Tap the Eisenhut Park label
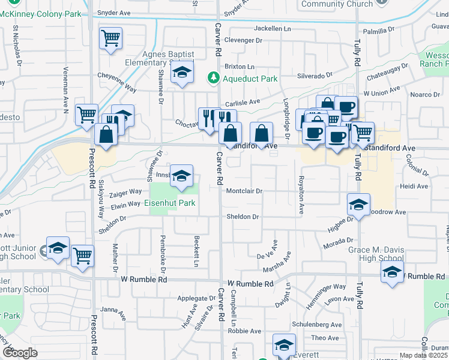[170, 203]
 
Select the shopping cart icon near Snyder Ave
[110, 39]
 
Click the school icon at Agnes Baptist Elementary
[182, 73]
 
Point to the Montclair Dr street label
[245, 191]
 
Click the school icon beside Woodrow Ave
[358, 205]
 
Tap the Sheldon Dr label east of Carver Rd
[243, 217]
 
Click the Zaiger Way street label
[125, 192]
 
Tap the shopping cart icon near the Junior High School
[83, 256]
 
